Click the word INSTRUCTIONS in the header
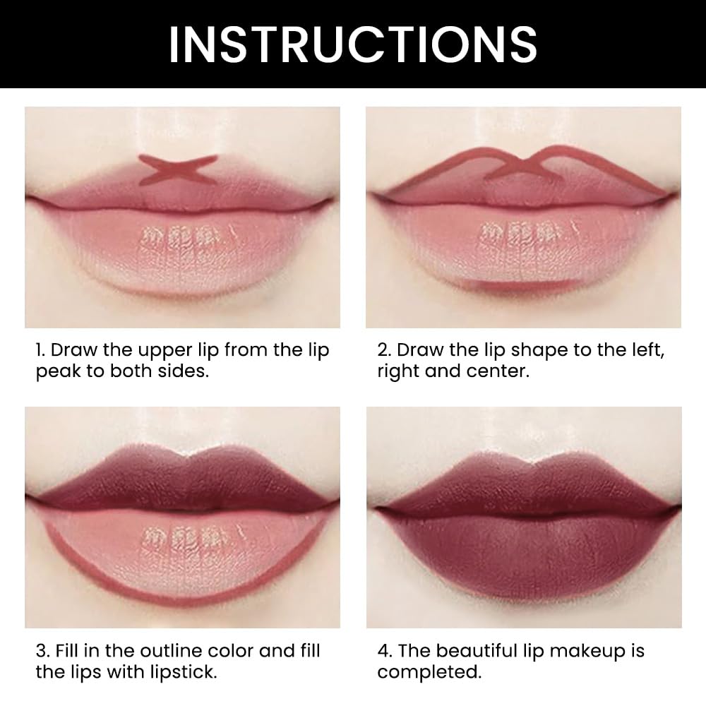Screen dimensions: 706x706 pyautogui.click(x=352, y=44)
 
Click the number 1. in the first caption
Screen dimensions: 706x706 pyautogui.click(x=42, y=351)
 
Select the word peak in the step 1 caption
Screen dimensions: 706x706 pyautogui.click(x=59, y=371)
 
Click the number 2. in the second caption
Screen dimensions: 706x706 pyautogui.click(x=385, y=351)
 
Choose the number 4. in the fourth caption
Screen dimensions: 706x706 pyautogui.click(x=385, y=650)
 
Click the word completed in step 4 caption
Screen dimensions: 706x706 pyautogui.click(x=429, y=671)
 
